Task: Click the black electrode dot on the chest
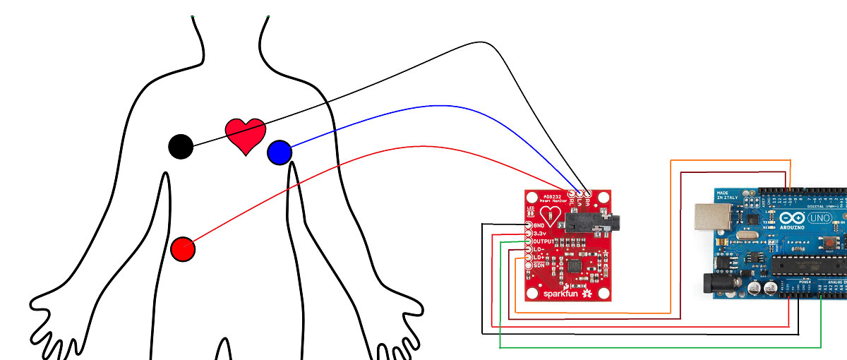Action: click(x=181, y=146)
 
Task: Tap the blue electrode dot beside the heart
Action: click(x=280, y=152)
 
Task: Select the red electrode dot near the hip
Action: click(x=183, y=248)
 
